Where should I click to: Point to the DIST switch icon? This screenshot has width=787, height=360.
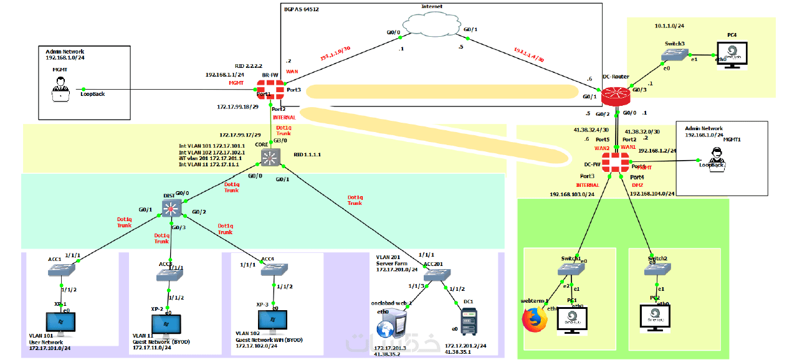[x=171, y=207]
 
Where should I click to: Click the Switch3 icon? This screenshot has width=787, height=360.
[x=675, y=56]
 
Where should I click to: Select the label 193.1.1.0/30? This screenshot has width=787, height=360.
[x=335, y=53]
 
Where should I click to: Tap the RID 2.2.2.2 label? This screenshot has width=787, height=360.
[x=248, y=65]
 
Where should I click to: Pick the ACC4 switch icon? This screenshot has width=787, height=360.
[x=274, y=268]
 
